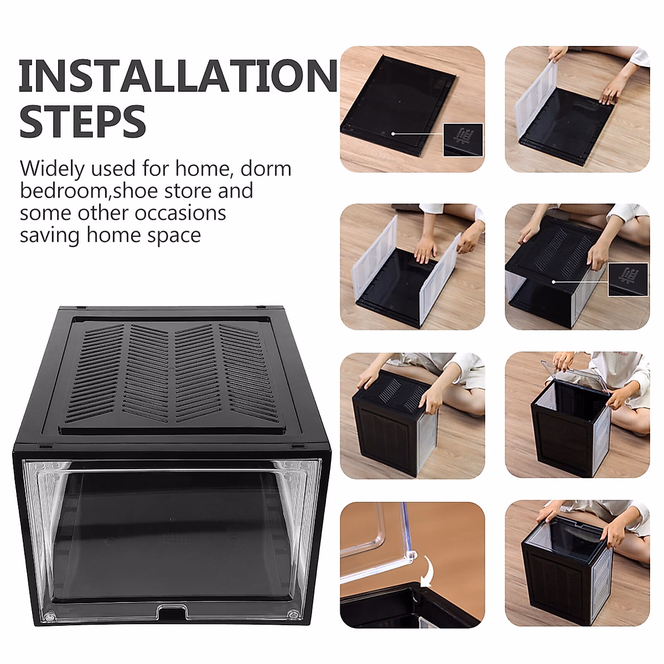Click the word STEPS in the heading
[x=83, y=121]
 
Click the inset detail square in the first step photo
[x=463, y=139]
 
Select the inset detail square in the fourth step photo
[x=628, y=279]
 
